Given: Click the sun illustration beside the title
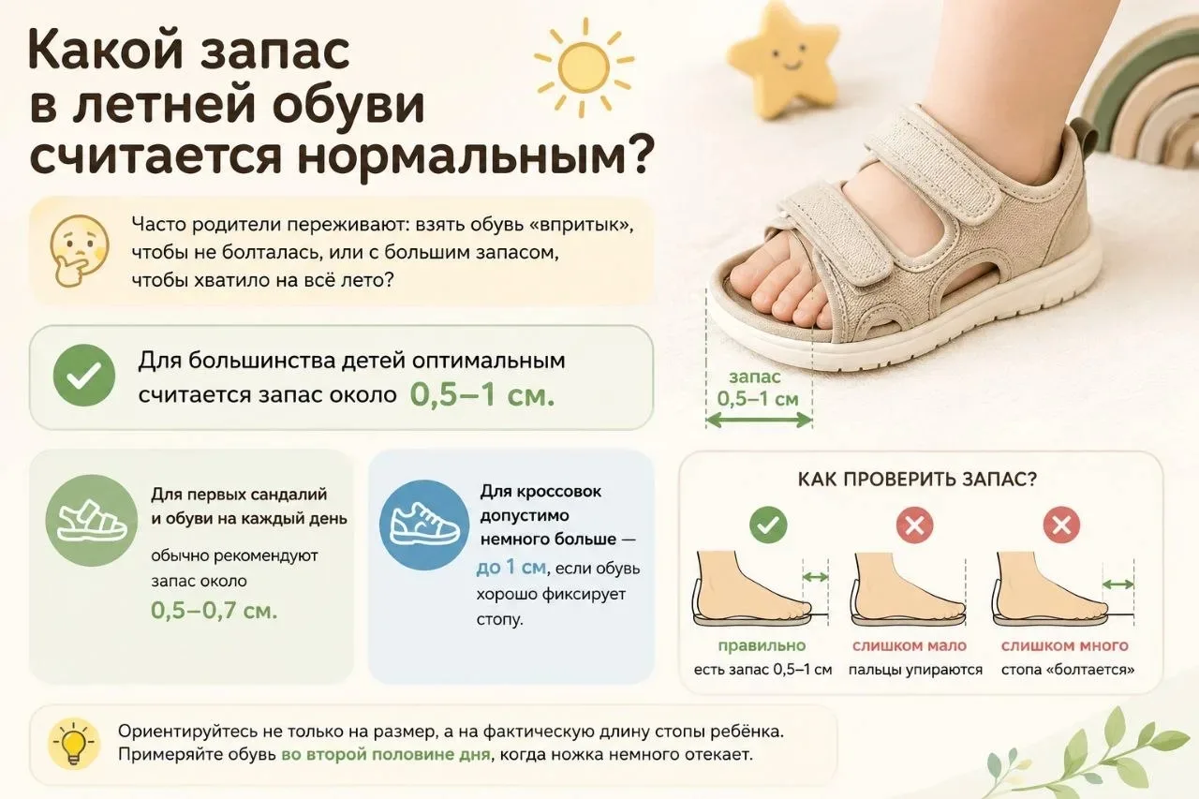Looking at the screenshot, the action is [584, 67].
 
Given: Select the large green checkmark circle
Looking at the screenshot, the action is [84, 376].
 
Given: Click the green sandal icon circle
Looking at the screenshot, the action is [92, 521].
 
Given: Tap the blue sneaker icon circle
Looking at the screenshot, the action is [424, 525].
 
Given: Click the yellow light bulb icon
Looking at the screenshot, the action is [73, 744].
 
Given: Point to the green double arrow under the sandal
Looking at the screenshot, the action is [759, 420].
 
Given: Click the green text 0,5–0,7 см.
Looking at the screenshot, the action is [215, 611].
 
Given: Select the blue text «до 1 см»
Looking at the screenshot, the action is [511, 567].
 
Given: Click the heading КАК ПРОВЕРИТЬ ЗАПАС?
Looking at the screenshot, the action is [917, 479].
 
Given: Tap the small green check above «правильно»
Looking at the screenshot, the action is [768, 525].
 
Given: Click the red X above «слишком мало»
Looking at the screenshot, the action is [915, 525].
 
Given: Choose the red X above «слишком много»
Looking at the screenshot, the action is [1062, 525].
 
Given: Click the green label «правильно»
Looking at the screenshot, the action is [762, 645].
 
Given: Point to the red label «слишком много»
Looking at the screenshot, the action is [1065, 645].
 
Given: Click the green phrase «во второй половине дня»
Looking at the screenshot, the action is [386, 755].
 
